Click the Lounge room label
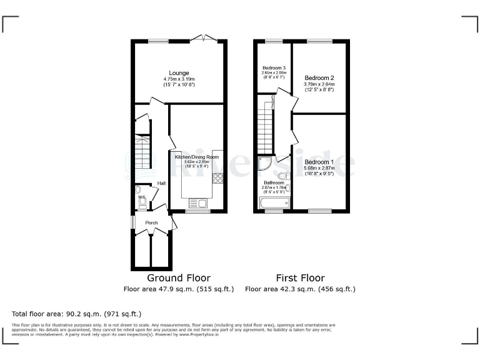[x=179, y=73]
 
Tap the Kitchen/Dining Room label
[x=197, y=157]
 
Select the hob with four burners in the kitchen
[x=218, y=179]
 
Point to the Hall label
[x=161, y=183]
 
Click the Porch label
[x=151, y=222]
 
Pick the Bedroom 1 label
[x=319, y=162]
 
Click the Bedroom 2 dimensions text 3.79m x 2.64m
[x=319, y=84]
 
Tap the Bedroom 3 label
[x=274, y=67]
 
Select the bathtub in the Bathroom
[x=274, y=202]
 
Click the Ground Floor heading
[x=179, y=277]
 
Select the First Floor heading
[x=300, y=277]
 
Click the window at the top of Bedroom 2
[x=319, y=41]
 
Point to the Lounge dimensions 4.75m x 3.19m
[x=179, y=79]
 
